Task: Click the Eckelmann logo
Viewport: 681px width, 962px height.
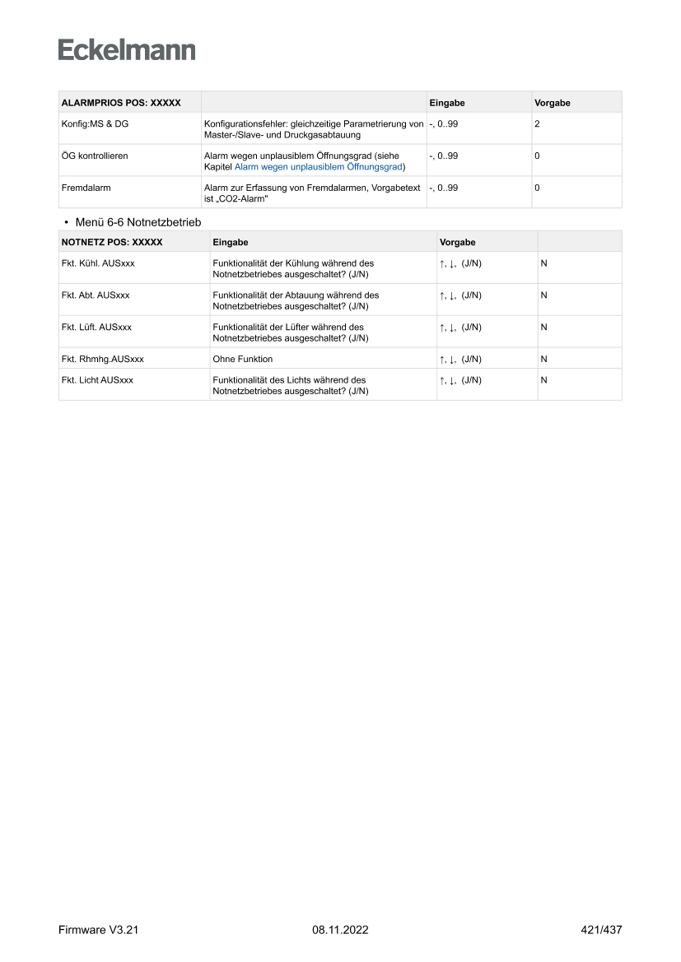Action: point(127,50)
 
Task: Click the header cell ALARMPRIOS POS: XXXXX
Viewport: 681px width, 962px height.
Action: point(121,103)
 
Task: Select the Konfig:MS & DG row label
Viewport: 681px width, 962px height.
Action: point(95,123)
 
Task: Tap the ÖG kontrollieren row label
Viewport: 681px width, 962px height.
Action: point(95,156)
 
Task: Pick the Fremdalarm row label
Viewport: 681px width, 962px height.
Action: point(86,188)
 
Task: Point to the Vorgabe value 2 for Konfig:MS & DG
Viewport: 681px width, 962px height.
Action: point(537,123)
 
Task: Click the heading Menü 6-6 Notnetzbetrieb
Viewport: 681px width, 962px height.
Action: point(138,222)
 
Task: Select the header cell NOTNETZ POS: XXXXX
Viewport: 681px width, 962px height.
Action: point(112,243)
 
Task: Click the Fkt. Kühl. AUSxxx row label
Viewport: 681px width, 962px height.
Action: point(97,263)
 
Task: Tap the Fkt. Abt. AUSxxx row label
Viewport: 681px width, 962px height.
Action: point(96,295)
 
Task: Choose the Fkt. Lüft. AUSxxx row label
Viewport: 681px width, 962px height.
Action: point(96,327)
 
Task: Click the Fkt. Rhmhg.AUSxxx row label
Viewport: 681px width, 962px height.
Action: point(103,359)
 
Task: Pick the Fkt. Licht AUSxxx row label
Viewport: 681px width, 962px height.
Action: point(97,380)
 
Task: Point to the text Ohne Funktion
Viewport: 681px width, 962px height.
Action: point(243,359)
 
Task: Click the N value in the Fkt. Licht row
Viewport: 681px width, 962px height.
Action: point(543,380)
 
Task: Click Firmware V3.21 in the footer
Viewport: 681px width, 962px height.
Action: point(98,930)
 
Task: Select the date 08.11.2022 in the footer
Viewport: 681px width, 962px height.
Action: point(340,930)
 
